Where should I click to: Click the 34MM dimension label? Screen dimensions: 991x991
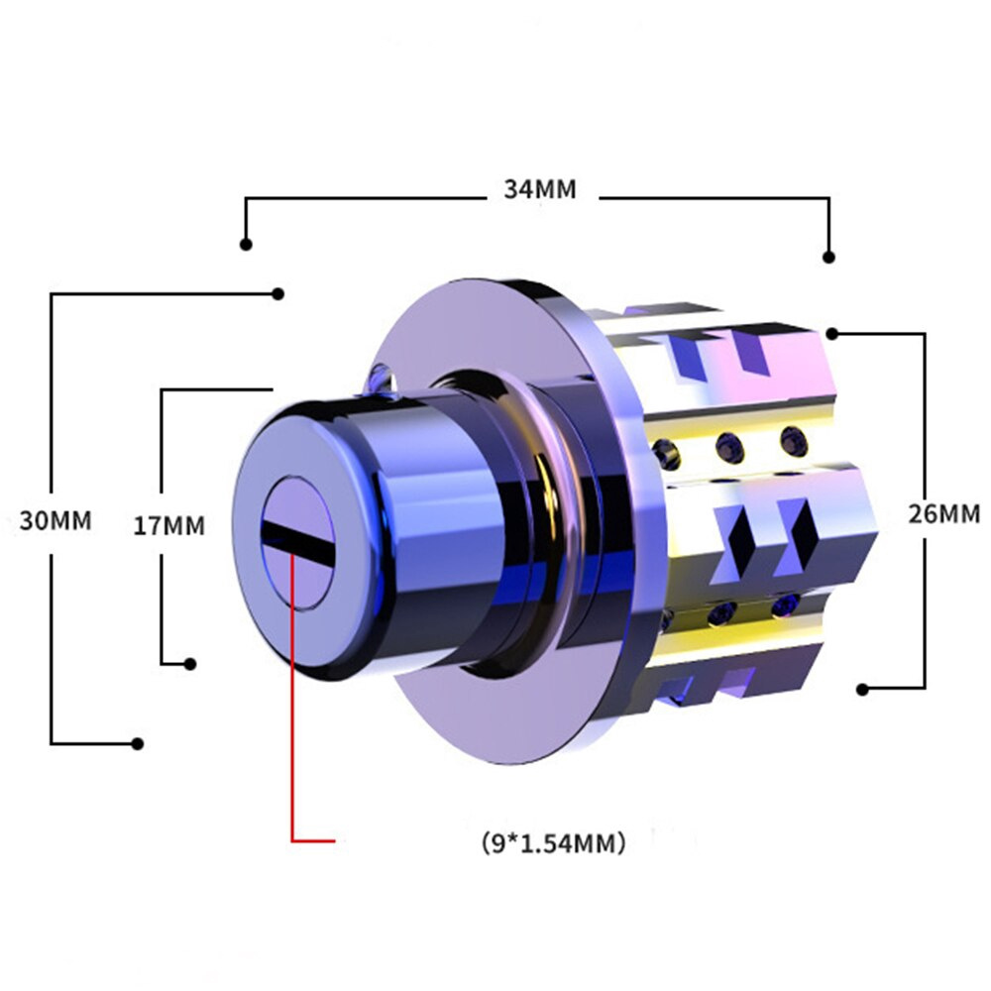[x=540, y=189]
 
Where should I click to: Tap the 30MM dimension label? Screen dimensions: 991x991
[x=55, y=520]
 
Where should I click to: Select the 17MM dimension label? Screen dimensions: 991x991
[x=169, y=525]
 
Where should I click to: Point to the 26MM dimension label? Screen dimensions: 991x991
[x=944, y=513]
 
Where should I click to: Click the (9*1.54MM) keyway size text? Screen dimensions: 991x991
[x=554, y=842]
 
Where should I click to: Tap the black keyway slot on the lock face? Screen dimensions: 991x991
[x=297, y=543]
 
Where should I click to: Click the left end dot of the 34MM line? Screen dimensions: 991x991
[x=246, y=245]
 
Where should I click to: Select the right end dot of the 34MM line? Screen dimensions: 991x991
[x=829, y=258]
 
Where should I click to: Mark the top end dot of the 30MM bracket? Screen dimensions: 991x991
[x=277, y=294]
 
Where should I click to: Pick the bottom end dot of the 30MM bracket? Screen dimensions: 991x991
[x=137, y=744]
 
